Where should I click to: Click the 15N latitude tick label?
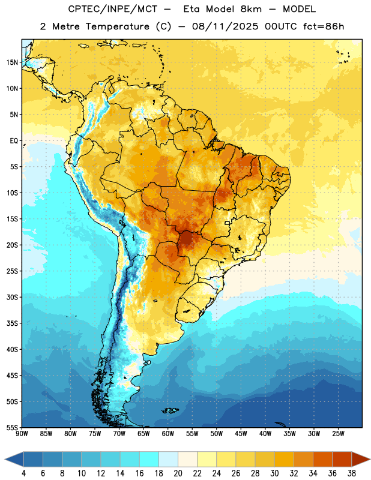click(12, 62)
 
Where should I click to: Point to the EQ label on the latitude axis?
click(14, 141)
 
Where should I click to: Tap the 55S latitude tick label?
click(12, 427)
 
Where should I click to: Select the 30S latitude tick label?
click(12, 297)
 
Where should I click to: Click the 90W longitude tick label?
click(22, 433)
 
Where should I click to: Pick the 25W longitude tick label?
click(338, 433)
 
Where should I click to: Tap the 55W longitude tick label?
click(192, 433)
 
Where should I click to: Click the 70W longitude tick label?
click(119, 433)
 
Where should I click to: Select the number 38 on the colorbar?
click(352, 473)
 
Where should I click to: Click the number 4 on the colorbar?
click(23, 473)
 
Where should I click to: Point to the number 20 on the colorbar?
click(178, 473)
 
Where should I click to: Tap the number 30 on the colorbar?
click(274, 473)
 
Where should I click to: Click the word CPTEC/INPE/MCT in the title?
click(113, 9)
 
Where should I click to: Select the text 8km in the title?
click(251, 9)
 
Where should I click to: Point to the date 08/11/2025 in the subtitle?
click(225, 26)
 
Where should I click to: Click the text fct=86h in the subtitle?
click(324, 26)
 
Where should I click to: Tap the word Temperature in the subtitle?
click(118, 27)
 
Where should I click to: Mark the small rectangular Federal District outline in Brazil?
click(228, 223)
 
